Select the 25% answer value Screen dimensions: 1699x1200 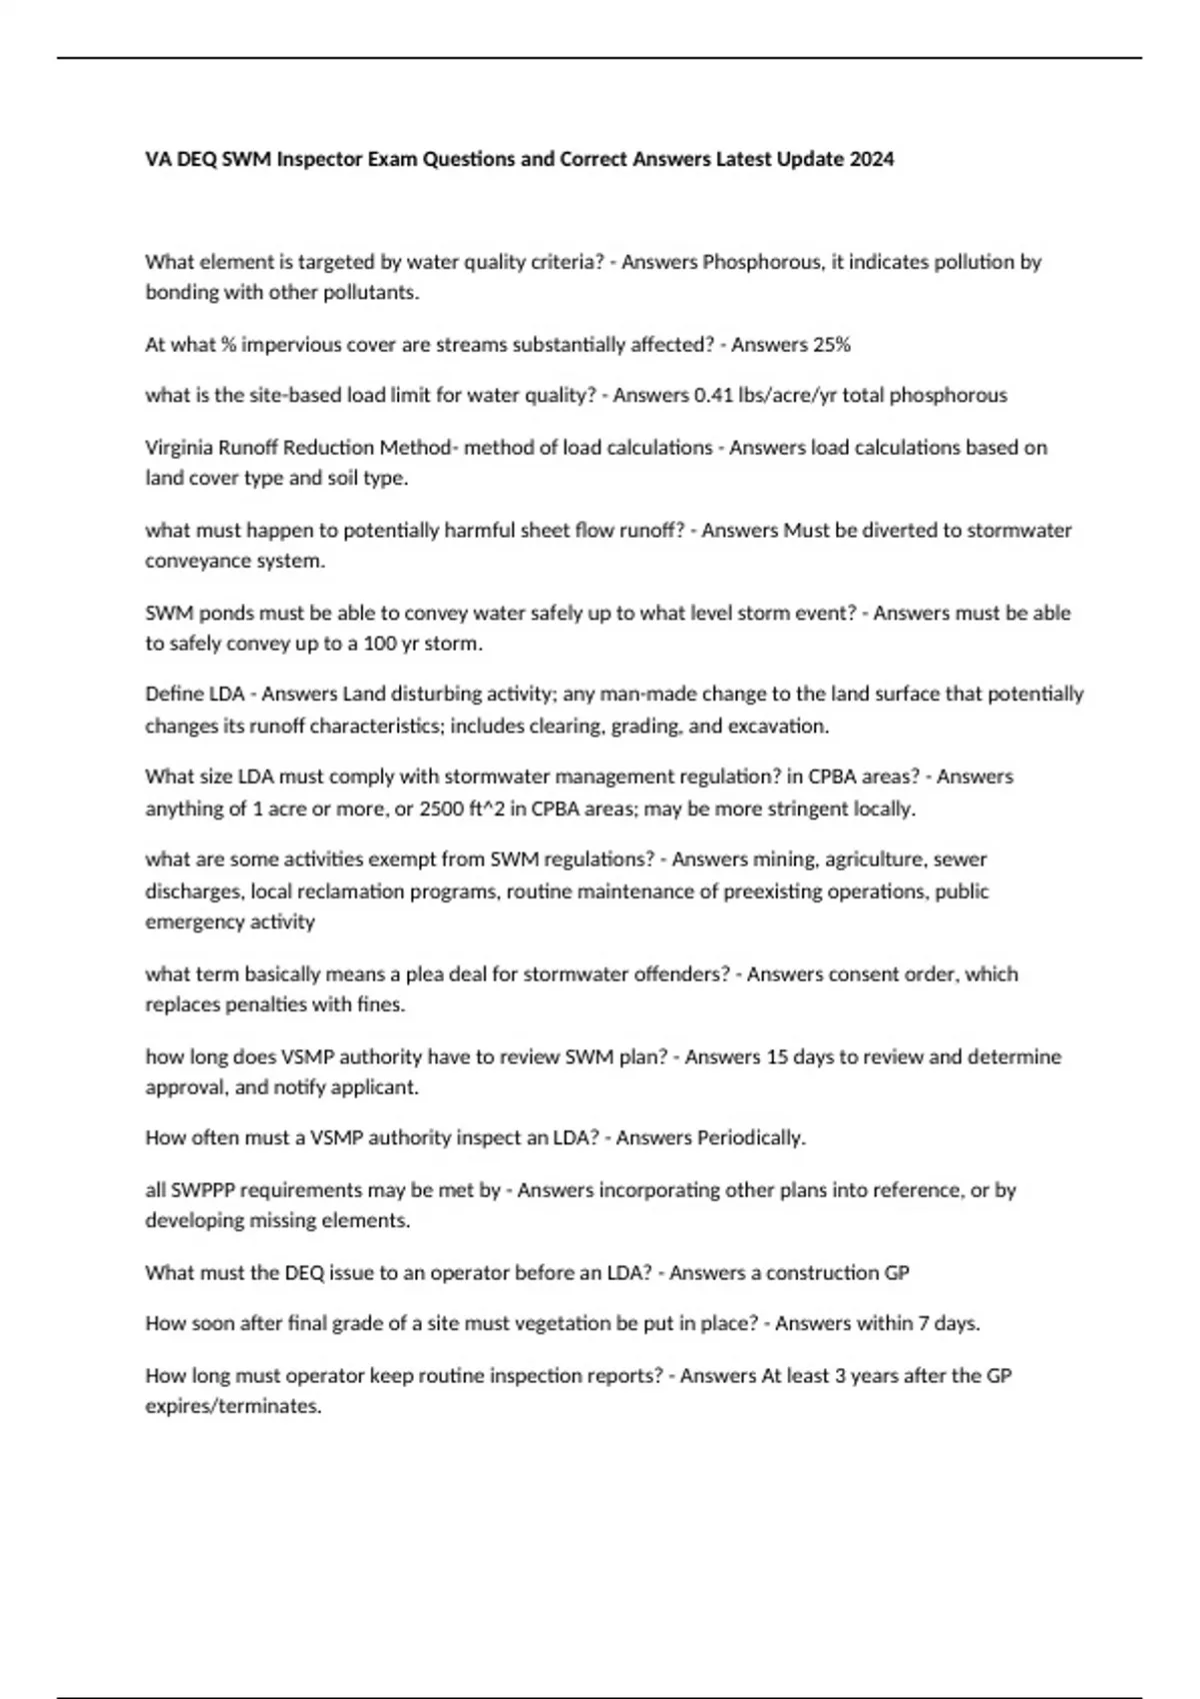tap(832, 345)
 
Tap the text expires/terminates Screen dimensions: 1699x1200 tap(233, 1406)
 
